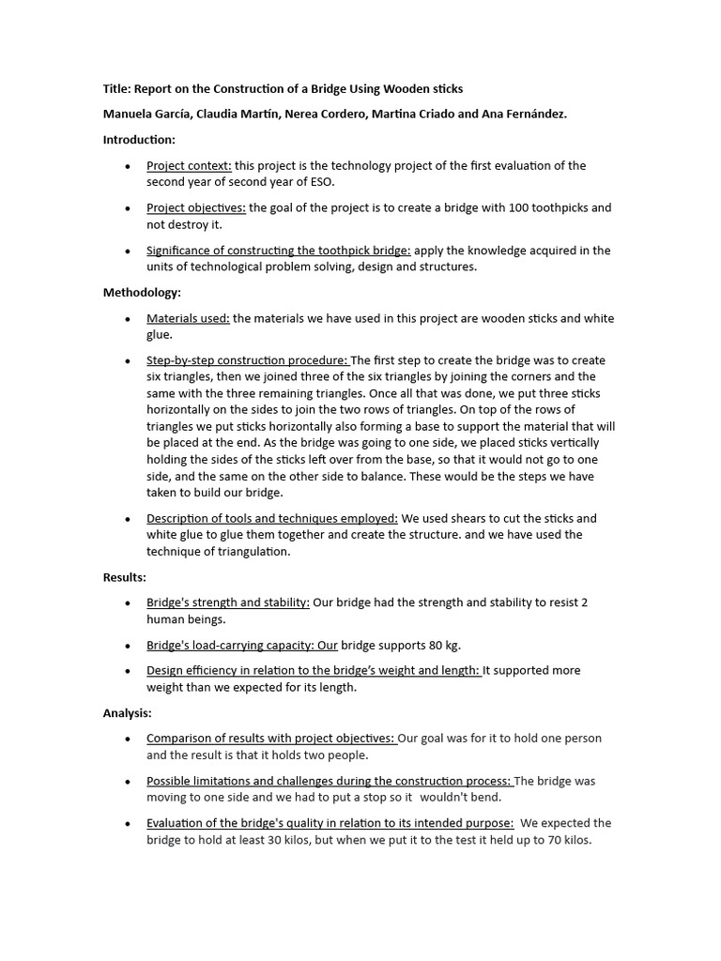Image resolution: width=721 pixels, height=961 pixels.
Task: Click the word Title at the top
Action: tap(115, 89)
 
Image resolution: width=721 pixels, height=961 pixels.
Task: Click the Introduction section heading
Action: tap(139, 140)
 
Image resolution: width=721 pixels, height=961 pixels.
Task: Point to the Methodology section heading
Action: tap(142, 293)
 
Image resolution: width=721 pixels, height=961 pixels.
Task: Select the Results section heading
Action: tap(124, 577)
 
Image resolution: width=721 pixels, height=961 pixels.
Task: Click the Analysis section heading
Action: tap(127, 713)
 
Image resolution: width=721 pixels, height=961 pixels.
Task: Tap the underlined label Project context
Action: tap(189, 166)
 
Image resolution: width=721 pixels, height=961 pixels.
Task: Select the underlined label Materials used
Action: tap(188, 319)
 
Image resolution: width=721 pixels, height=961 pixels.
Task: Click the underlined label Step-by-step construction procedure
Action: tap(247, 361)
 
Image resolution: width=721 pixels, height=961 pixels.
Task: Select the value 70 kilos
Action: tap(563, 840)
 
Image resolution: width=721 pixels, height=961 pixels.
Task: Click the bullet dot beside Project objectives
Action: tap(128, 208)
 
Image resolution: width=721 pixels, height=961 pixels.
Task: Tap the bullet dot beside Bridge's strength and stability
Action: tap(128, 603)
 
